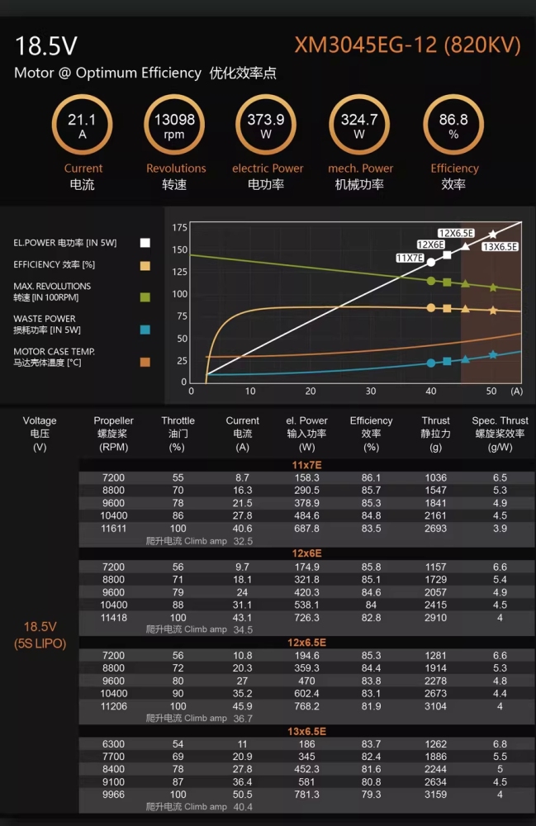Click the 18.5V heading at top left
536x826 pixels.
pyautogui.click(x=45, y=45)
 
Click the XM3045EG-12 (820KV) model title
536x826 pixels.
pyautogui.click(x=407, y=45)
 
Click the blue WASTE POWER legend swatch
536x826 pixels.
pyautogui.click(x=145, y=330)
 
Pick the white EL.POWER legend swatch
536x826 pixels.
pyautogui.click(x=145, y=243)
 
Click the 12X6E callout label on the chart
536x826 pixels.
pyautogui.click(x=430, y=244)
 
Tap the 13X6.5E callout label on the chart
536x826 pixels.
pyautogui.click(x=500, y=246)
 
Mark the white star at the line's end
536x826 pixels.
pyautogui.click(x=492, y=234)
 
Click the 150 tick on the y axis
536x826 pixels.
pyautogui.click(x=179, y=249)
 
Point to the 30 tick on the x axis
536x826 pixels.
pyautogui.click(x=371, y=391)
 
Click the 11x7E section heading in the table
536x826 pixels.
pyautogui.click(x=306, y=465)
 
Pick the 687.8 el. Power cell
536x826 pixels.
pyautogui.click(x=306, y=529)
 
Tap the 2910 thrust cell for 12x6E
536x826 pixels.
pyautogui.click(x=435, y=617)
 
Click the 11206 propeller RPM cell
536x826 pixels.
pyautogui.click(x=114, y=706)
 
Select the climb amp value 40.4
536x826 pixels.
pyautogui.click(x=243, y=807)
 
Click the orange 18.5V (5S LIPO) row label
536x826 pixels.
pyautogui.click(x=40, y=634)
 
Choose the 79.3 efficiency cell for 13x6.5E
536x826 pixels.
pyautogui.click(x=371, y=795)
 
